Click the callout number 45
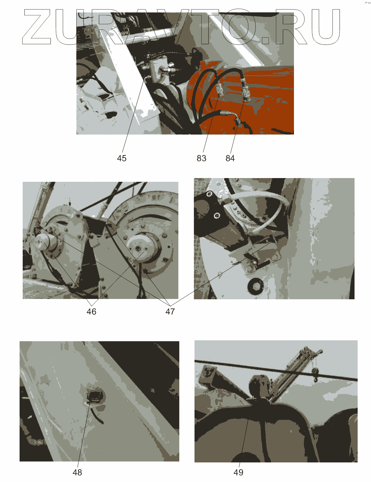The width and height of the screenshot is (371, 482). click(121, 158)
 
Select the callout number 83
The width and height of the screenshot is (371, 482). click(201, 158)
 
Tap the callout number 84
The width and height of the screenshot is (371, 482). click(230, 158)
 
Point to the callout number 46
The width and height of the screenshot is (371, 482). click(91, 311)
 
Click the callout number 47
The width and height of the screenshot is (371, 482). click(170, 311)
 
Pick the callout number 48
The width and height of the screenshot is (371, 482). click(77, 472)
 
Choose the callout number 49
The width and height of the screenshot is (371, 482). click(238, 472)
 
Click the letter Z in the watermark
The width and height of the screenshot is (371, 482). click(37, 27)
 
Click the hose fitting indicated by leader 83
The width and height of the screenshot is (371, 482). click(220, 90)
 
